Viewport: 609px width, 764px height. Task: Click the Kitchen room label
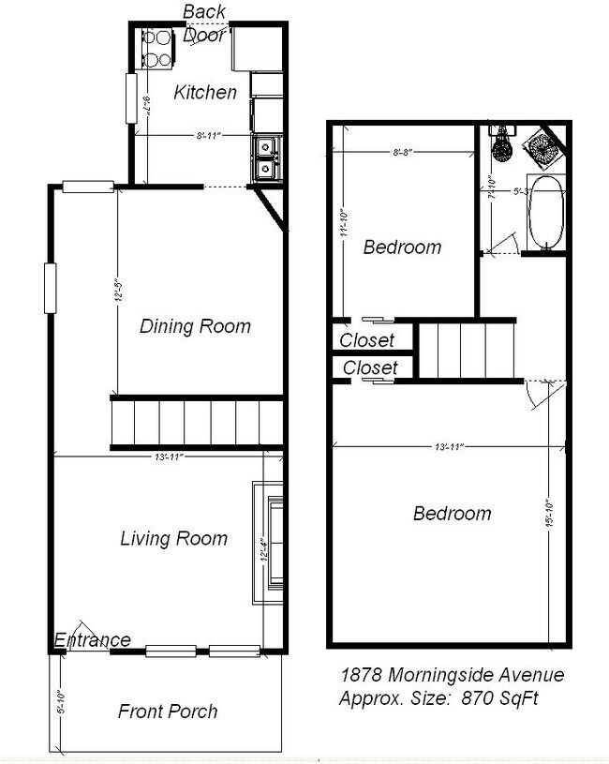(205, 93)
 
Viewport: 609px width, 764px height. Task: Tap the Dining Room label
(195, 326)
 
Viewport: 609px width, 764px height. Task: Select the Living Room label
(173, 538)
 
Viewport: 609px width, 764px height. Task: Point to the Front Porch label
(168, 712)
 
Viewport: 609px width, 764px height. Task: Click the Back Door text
(203, 23)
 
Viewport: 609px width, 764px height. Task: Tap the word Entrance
(92, 640)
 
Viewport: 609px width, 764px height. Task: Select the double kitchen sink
(266, 157)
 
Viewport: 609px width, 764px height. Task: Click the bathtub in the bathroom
(546, 213)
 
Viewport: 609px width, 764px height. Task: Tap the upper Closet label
(366, 340)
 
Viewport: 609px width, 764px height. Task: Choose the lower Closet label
(370, 368)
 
